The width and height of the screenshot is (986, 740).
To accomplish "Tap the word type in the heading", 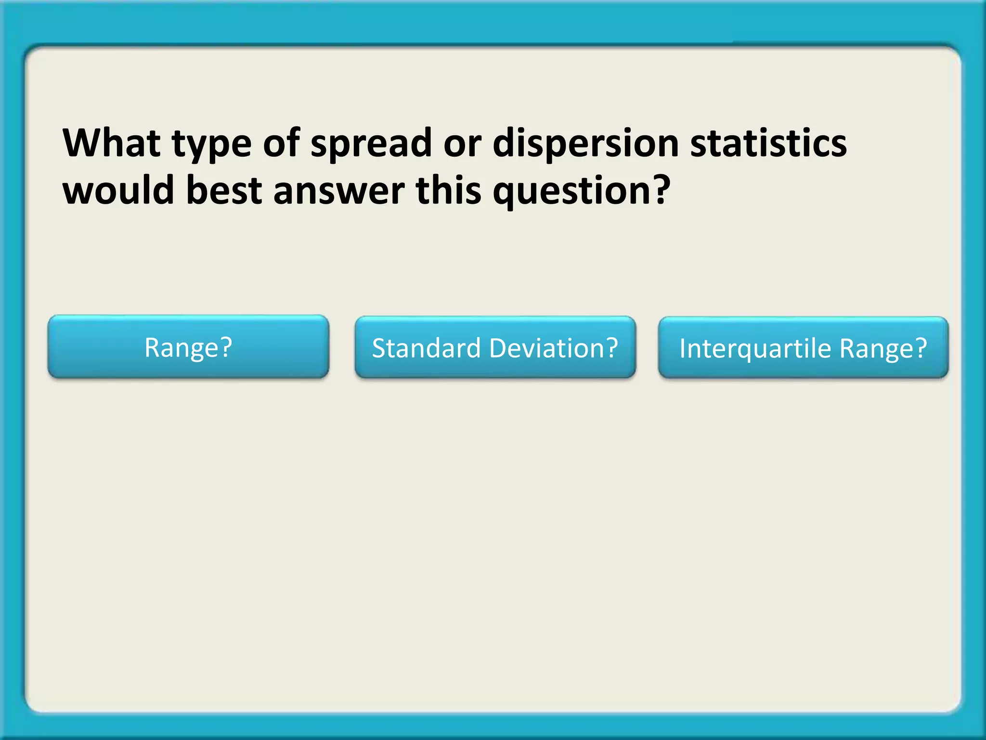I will [212, 145].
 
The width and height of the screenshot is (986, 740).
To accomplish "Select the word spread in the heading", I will [371, 145].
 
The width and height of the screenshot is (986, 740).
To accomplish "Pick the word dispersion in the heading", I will [585, 145].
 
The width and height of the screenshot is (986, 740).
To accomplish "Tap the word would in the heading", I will [118, 190].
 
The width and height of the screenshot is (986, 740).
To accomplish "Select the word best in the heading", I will [224, 190].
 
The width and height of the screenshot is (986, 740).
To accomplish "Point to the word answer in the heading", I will [339, 191].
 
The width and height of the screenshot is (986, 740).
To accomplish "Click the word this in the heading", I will [448, 190].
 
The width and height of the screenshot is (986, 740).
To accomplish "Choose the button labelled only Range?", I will [188, 347].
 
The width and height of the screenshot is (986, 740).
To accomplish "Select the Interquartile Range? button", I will [803, 348].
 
